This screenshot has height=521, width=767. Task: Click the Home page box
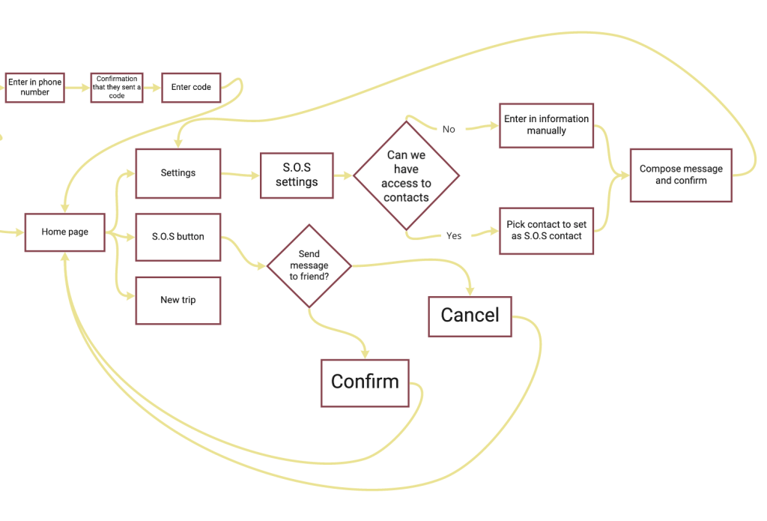coord(64,232)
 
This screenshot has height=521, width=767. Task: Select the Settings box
coord(178,173)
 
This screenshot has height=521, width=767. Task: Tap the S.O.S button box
coord(178,237)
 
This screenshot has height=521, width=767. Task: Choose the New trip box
coord(178,301)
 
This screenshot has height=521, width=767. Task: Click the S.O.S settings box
coord(297,176)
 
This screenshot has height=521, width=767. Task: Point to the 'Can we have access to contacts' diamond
coord(407,176)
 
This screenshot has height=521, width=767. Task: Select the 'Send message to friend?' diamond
coord(309,266)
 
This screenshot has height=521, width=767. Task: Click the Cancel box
coord(470,316)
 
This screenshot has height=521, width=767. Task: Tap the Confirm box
coord(365,382)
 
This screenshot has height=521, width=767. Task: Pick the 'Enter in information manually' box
coord(546,125)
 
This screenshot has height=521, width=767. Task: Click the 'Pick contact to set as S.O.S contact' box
coord(546,230)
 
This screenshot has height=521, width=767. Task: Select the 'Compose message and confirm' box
coord(681,175)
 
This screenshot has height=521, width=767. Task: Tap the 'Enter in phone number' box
coord(34,87)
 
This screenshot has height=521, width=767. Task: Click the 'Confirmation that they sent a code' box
coord(117,88)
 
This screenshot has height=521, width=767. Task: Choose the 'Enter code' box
coord(191,88)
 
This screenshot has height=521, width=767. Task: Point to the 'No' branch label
coord(449,130)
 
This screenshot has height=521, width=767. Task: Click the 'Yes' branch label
coord(454,236)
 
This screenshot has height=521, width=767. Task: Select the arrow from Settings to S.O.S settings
coord(240,175)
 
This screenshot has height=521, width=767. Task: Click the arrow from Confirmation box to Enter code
coord(152,88)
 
